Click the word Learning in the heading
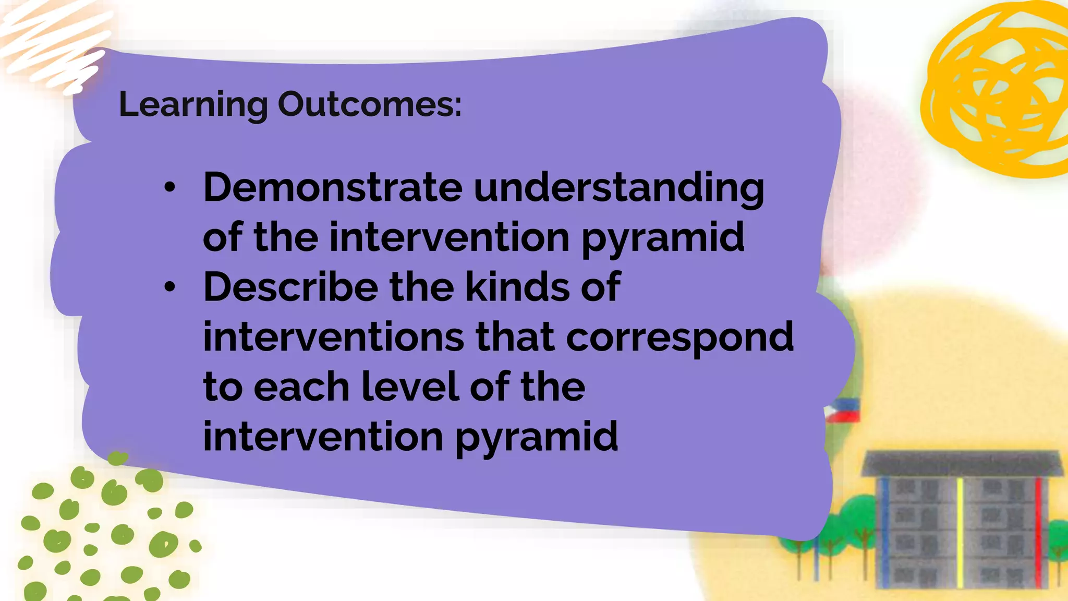point(193,105)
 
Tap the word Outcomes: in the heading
point(369,104)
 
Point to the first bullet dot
point(169,188)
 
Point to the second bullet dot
point(169,287)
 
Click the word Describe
point(290,287)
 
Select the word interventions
point(333,336)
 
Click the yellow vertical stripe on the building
point(960,532)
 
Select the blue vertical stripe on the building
point(884,532)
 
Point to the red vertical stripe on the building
point(1038,532)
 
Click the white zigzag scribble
point(52,44)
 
